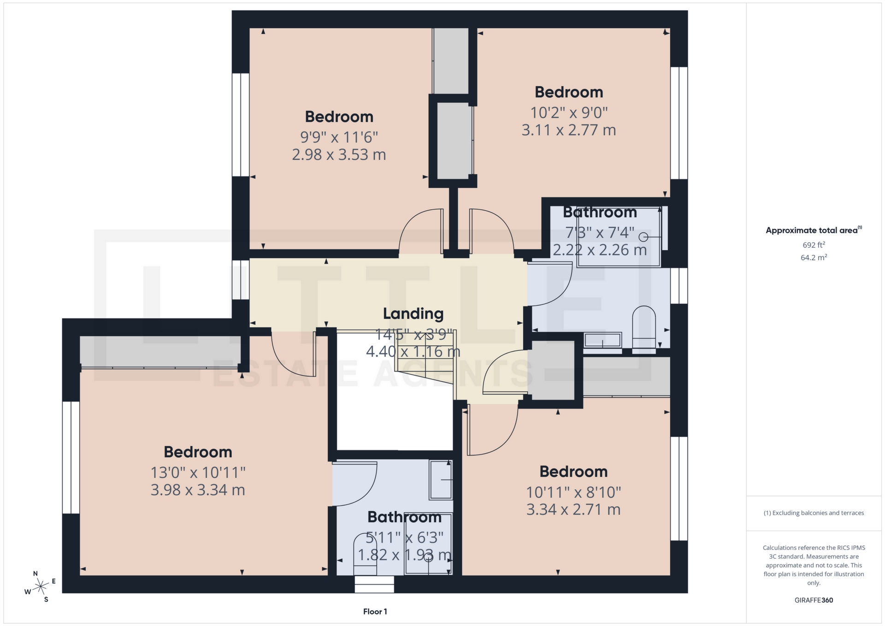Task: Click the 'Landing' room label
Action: point(413,313)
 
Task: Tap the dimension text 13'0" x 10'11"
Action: point(198,472)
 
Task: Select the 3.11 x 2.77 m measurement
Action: point(568,130)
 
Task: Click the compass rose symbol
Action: point(41,586)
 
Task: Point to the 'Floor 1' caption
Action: point(375,611)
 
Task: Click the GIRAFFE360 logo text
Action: point(814,600)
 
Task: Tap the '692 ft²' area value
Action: point(814,245)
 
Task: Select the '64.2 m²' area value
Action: point(814,257)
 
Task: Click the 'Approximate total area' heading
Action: point(812,230)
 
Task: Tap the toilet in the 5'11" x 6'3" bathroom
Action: point(365,555)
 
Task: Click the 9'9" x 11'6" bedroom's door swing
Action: point(419,230)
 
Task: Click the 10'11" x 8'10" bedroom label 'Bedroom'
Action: point(573,472)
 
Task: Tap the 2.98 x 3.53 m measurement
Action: point(339,154)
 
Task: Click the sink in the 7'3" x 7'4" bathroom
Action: point(602,341)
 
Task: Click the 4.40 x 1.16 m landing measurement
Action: point(413,352)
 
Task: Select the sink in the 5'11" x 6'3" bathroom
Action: point(441,480)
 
